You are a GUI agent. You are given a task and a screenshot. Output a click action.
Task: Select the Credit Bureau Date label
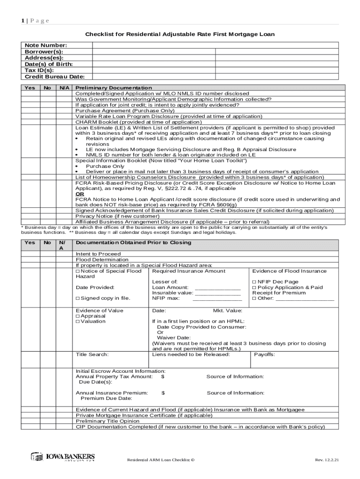coord(55,76)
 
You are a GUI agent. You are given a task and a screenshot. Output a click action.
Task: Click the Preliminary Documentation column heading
coord(114,87)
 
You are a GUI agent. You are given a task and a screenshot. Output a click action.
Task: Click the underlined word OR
coord(80,194)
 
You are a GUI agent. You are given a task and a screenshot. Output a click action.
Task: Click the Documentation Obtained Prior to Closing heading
coord(133,243)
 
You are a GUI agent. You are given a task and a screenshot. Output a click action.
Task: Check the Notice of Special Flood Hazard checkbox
coord(78,271)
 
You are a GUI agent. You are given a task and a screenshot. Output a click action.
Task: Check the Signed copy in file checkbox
coord(78,298)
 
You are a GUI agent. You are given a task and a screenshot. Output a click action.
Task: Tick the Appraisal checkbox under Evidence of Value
coord(78,316)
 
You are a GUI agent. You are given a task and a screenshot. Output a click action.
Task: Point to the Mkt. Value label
coord(228,310)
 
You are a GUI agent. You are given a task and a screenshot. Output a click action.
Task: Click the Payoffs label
coord(264,354)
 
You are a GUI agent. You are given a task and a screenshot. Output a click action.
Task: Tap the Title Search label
coord(92,354)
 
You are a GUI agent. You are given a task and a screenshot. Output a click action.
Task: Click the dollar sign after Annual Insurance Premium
coord(163,393)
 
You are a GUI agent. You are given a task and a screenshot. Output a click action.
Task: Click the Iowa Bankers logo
coord(63,457)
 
